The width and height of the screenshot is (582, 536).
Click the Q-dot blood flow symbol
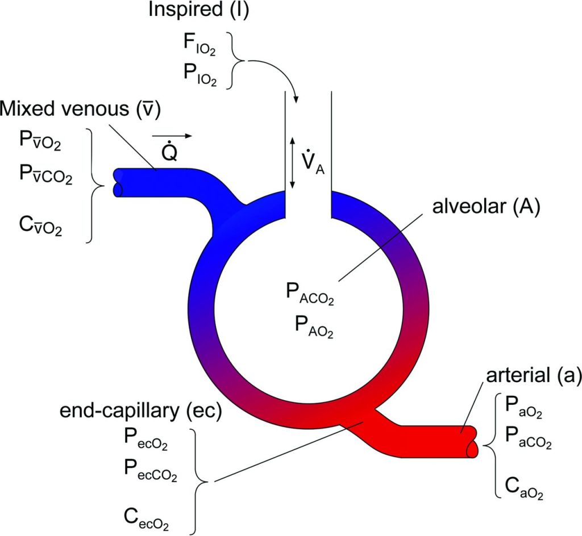click(169, 153)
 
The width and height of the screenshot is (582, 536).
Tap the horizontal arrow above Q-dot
click(172, 136)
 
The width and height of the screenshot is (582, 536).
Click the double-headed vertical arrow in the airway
click(293, 163)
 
